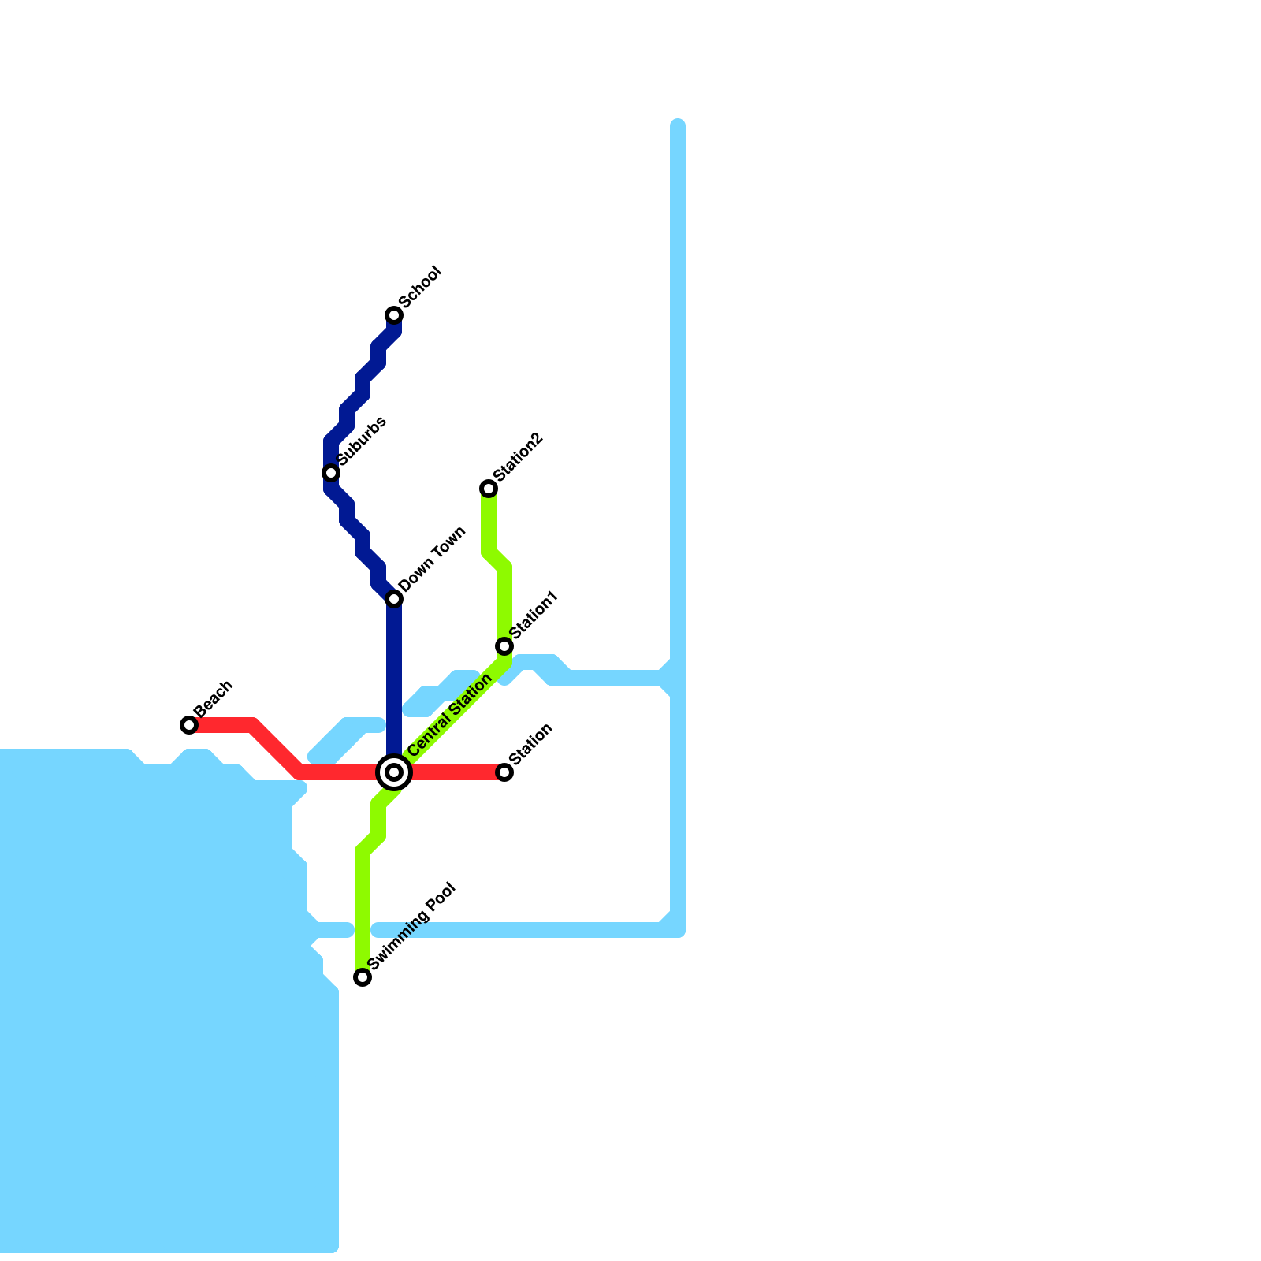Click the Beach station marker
coord(189,725)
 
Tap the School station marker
coord(394,315)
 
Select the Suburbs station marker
coord(331,473)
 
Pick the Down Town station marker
coord(394,599)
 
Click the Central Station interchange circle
coord(394,772)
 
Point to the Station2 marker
coord(489,489)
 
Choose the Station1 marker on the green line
coord(504,646)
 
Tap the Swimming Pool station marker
coord(363,977)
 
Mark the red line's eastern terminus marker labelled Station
coord(504,772)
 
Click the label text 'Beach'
coord(214,697)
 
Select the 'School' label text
coord(420,288)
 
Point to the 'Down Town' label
coord(433,560)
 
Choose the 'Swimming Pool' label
coord(412,926)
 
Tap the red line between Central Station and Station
coord(457,772)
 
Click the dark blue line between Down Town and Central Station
coord(394,678)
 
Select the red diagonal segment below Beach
coord(276,747)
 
